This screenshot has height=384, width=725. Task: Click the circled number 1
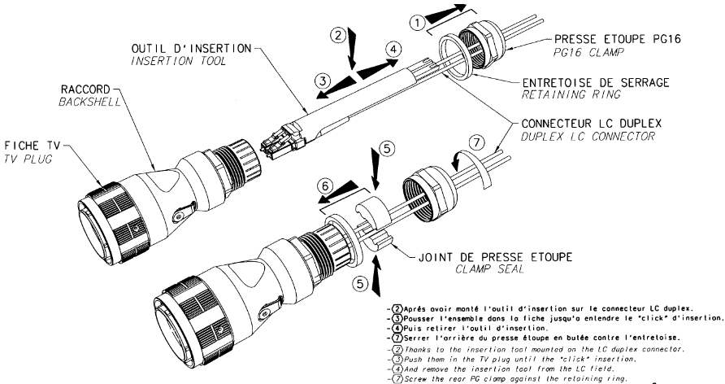tap(418, 23)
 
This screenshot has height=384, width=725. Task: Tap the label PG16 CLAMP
tap(588, 52)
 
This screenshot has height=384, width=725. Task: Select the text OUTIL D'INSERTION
tap(192, 48)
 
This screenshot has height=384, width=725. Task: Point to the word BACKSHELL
tap(89, 102)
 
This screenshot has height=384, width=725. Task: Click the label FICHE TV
tap(33, 146)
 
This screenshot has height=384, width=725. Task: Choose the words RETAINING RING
tap(571, 95)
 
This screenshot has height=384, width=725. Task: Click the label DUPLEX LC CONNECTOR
tap(588, 137)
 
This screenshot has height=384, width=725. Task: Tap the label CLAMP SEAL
tap(490, 268)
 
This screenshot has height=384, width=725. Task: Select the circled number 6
tap(325, 186)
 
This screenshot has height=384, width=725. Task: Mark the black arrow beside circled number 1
tap(445, 14)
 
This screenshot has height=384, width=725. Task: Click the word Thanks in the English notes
tap(417, 349)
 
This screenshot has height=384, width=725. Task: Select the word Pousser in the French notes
tap(418, 318)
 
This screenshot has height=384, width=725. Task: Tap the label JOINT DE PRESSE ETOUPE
tap(495, 257)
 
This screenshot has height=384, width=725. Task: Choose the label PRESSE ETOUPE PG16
tap(618, 39)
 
